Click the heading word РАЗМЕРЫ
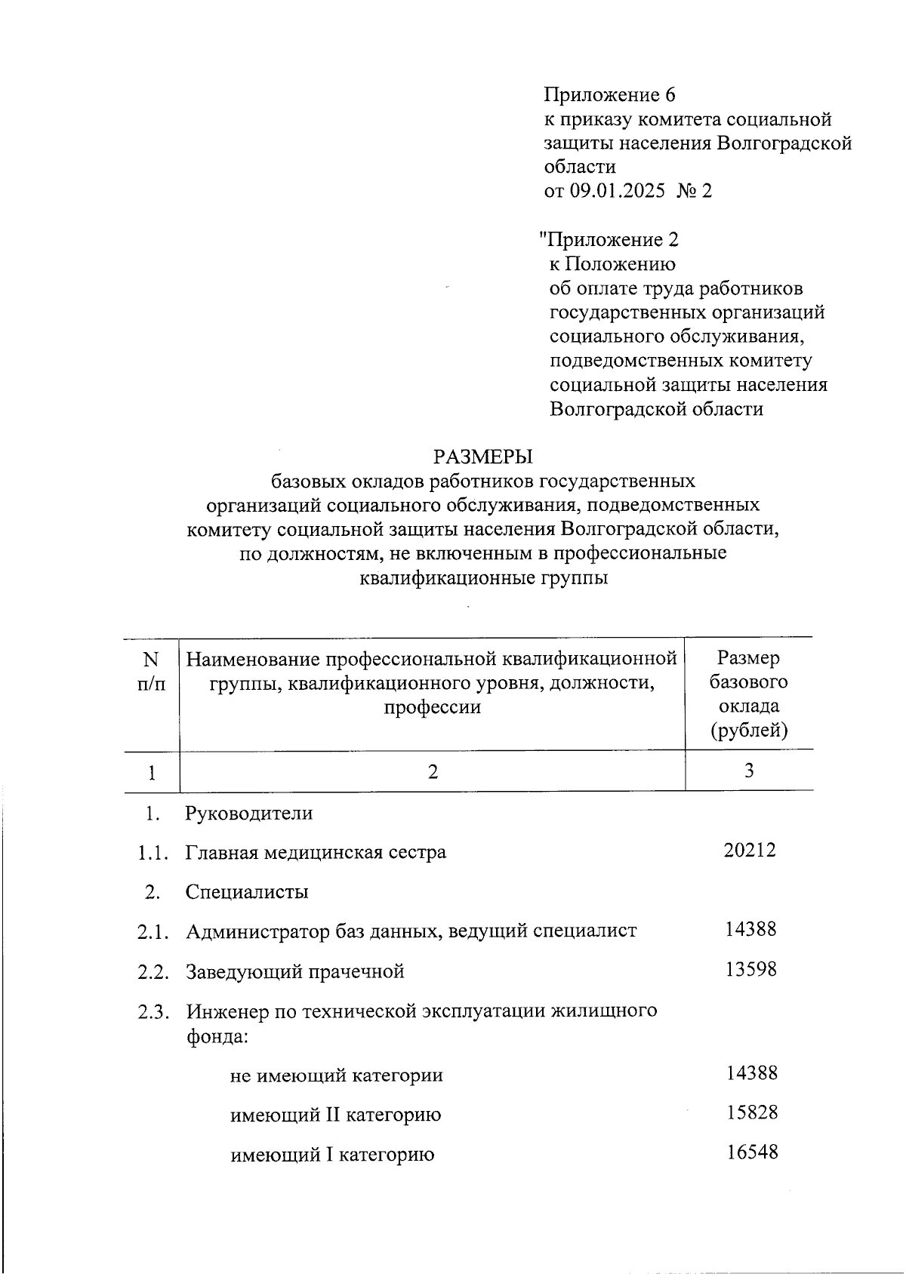pos(483,457)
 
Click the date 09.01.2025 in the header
pos(618,191)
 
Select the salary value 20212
pos(750,851)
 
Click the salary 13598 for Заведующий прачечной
pos(750,969)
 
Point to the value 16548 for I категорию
pos(752,1152)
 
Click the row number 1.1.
pos(152,853)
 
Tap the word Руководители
pos(248,814)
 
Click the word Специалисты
pos(247,892)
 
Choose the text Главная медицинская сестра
pos(316,853)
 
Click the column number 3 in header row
pos(749,771)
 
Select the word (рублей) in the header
pos(748,731)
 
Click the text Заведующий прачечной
pos(295,971)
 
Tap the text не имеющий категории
pos(337,1075)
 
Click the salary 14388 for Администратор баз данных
pos(750,929)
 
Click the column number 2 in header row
pos(432,772)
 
